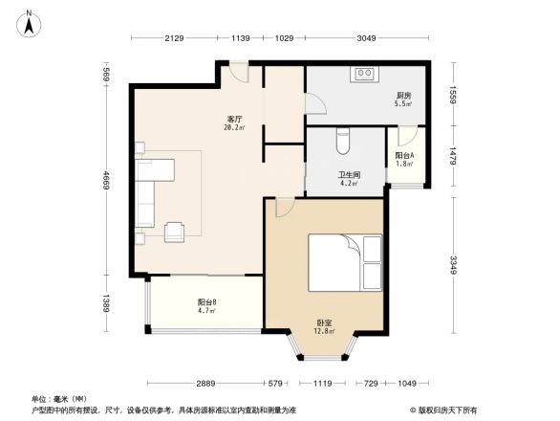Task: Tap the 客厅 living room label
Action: tap(232, 118)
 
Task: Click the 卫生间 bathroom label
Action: tap(348, 175)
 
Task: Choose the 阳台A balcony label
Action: tap(404, 156)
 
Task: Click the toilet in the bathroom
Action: tap(344, 141)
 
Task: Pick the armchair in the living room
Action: tap(176, 231)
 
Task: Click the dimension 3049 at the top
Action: tap(366, 38)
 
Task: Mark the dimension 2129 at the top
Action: tap(173, 38)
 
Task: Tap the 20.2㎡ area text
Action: tap(232, 127)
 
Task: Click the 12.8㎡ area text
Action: tap(326, 332)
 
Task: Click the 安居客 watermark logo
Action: tap(445, 410)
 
